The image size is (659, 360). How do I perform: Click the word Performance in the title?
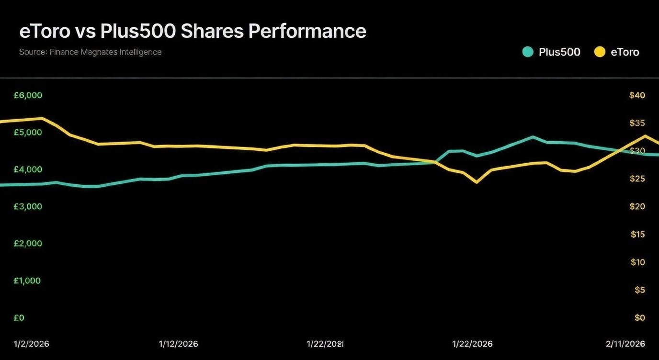(x=307, y=31)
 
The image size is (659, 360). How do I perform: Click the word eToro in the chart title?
(x=45, y=31)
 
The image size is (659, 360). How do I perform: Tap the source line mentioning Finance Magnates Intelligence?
(x=90, y=52)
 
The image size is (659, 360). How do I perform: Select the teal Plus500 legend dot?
(x=528, y=52)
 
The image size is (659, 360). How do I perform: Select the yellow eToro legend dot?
(x=600, y=52)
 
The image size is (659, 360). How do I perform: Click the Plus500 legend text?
(x=559, y=52)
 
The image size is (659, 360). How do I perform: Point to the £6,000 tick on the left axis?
(x=28, y=95)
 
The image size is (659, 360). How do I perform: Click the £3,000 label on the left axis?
(x=28, y=206)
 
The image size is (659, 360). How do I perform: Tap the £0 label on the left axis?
(x=19, y=318)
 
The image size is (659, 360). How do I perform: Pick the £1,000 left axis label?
(x=27, y=281)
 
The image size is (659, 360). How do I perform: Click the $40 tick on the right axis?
(x=637, y=95)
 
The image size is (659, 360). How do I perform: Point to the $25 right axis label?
(x=637, y=179)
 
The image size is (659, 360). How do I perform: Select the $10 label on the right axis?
(x=637, y=262)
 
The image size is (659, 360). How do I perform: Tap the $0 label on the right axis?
(x=639, y=318)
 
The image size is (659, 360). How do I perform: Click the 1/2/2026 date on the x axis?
(x=31, y=344)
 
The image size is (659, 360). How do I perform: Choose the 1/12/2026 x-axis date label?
(x=178, y=344)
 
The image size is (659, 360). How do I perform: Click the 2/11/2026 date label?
(x=625, y=344)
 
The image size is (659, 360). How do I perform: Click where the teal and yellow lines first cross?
(x=436, y=162)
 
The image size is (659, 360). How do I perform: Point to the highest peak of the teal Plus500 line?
(x=533, y=137)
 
